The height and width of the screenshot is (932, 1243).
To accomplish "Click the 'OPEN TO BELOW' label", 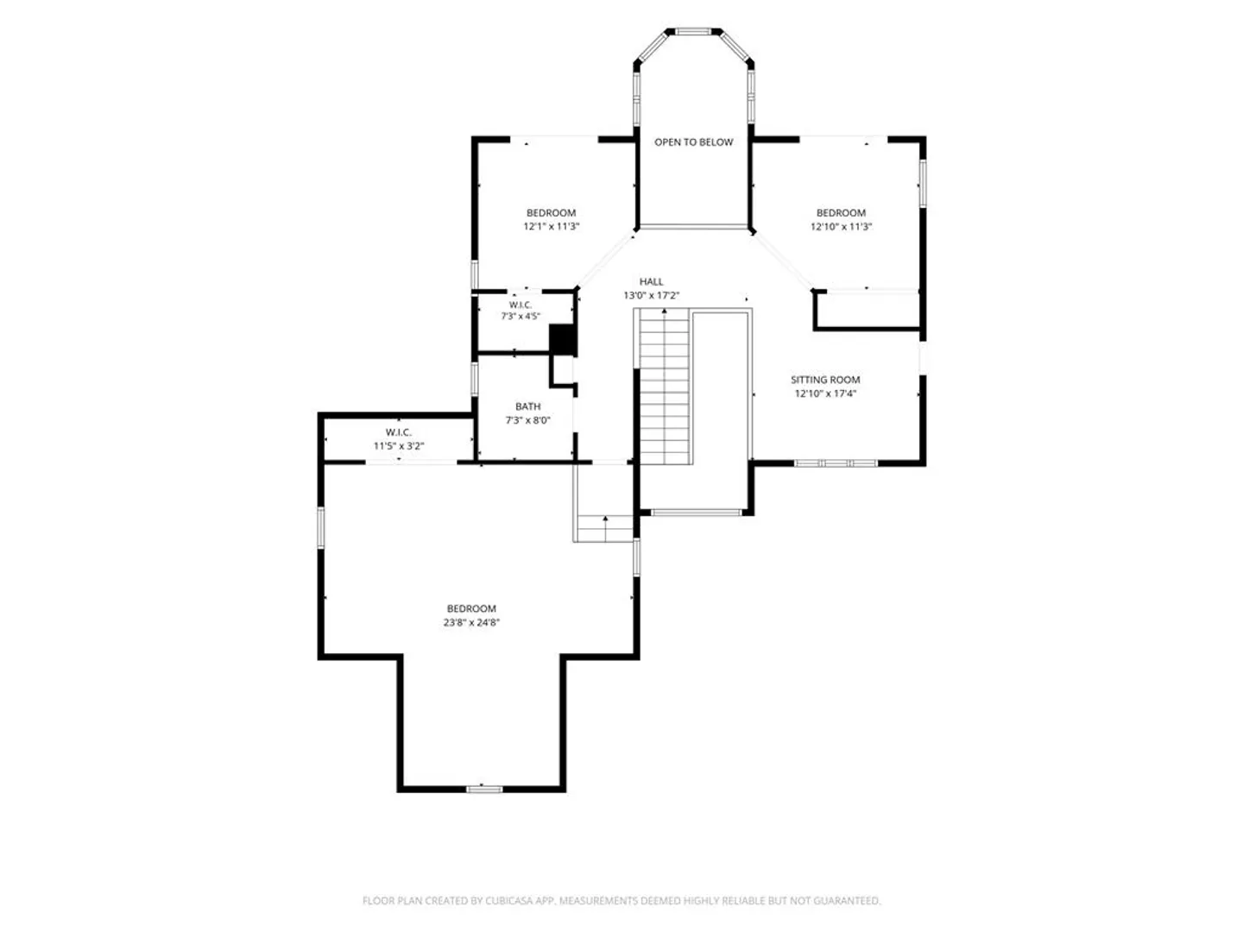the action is [x=693, y=142].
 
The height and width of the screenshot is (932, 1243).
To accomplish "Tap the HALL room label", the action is [x=651, y=281].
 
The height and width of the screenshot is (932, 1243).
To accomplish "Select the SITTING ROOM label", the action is [x=824, y=380].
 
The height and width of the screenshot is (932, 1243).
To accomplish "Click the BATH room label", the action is [x=527, y=406].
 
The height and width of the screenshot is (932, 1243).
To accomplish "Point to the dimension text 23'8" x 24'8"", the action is [x=470, y=622].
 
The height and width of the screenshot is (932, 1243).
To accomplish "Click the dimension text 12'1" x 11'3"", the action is [x=551, y=226].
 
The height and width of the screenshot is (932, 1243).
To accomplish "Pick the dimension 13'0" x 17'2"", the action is [x=651, y=295].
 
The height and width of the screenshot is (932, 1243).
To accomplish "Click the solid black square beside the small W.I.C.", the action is [x=562, y=339].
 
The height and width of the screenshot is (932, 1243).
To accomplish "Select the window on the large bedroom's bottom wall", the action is [x=483, y=788].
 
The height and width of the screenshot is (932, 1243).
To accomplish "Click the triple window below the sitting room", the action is [x=836, y=463].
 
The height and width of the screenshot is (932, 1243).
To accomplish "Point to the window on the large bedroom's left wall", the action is [x=321, y=527].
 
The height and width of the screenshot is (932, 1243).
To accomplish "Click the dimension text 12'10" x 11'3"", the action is [x=841, y=226].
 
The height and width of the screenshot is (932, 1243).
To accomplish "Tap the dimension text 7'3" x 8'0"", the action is [x=527, y=420].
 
